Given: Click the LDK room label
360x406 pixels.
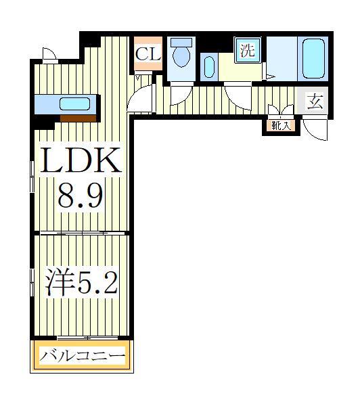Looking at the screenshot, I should (82, 162).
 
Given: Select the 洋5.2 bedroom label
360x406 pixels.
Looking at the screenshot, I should (81, 282).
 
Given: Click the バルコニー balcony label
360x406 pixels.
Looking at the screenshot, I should (82, 355).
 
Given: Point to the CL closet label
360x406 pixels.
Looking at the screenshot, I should (148, 54).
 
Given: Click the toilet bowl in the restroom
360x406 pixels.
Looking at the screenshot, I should (181, 54).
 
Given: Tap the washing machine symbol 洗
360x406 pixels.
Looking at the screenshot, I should (248, 49).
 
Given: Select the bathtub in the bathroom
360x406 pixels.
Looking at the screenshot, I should (313, 60).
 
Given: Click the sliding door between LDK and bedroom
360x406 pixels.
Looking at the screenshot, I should (81, 233).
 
